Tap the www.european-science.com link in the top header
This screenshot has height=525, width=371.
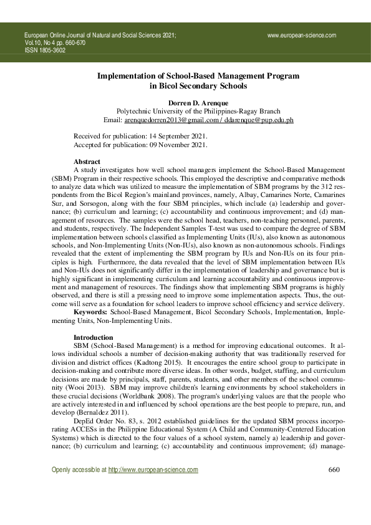302,36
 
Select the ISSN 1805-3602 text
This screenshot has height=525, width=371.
44,51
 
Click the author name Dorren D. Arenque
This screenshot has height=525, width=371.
198,102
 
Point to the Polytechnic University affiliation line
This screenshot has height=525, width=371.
198,110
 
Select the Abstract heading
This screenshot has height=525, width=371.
87,161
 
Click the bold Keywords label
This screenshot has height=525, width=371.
90,311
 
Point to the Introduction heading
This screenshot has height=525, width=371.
94,337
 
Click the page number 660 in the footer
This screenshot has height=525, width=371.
334,487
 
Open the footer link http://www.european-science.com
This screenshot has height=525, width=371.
153,488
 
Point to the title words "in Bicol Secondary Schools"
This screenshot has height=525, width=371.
198,86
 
